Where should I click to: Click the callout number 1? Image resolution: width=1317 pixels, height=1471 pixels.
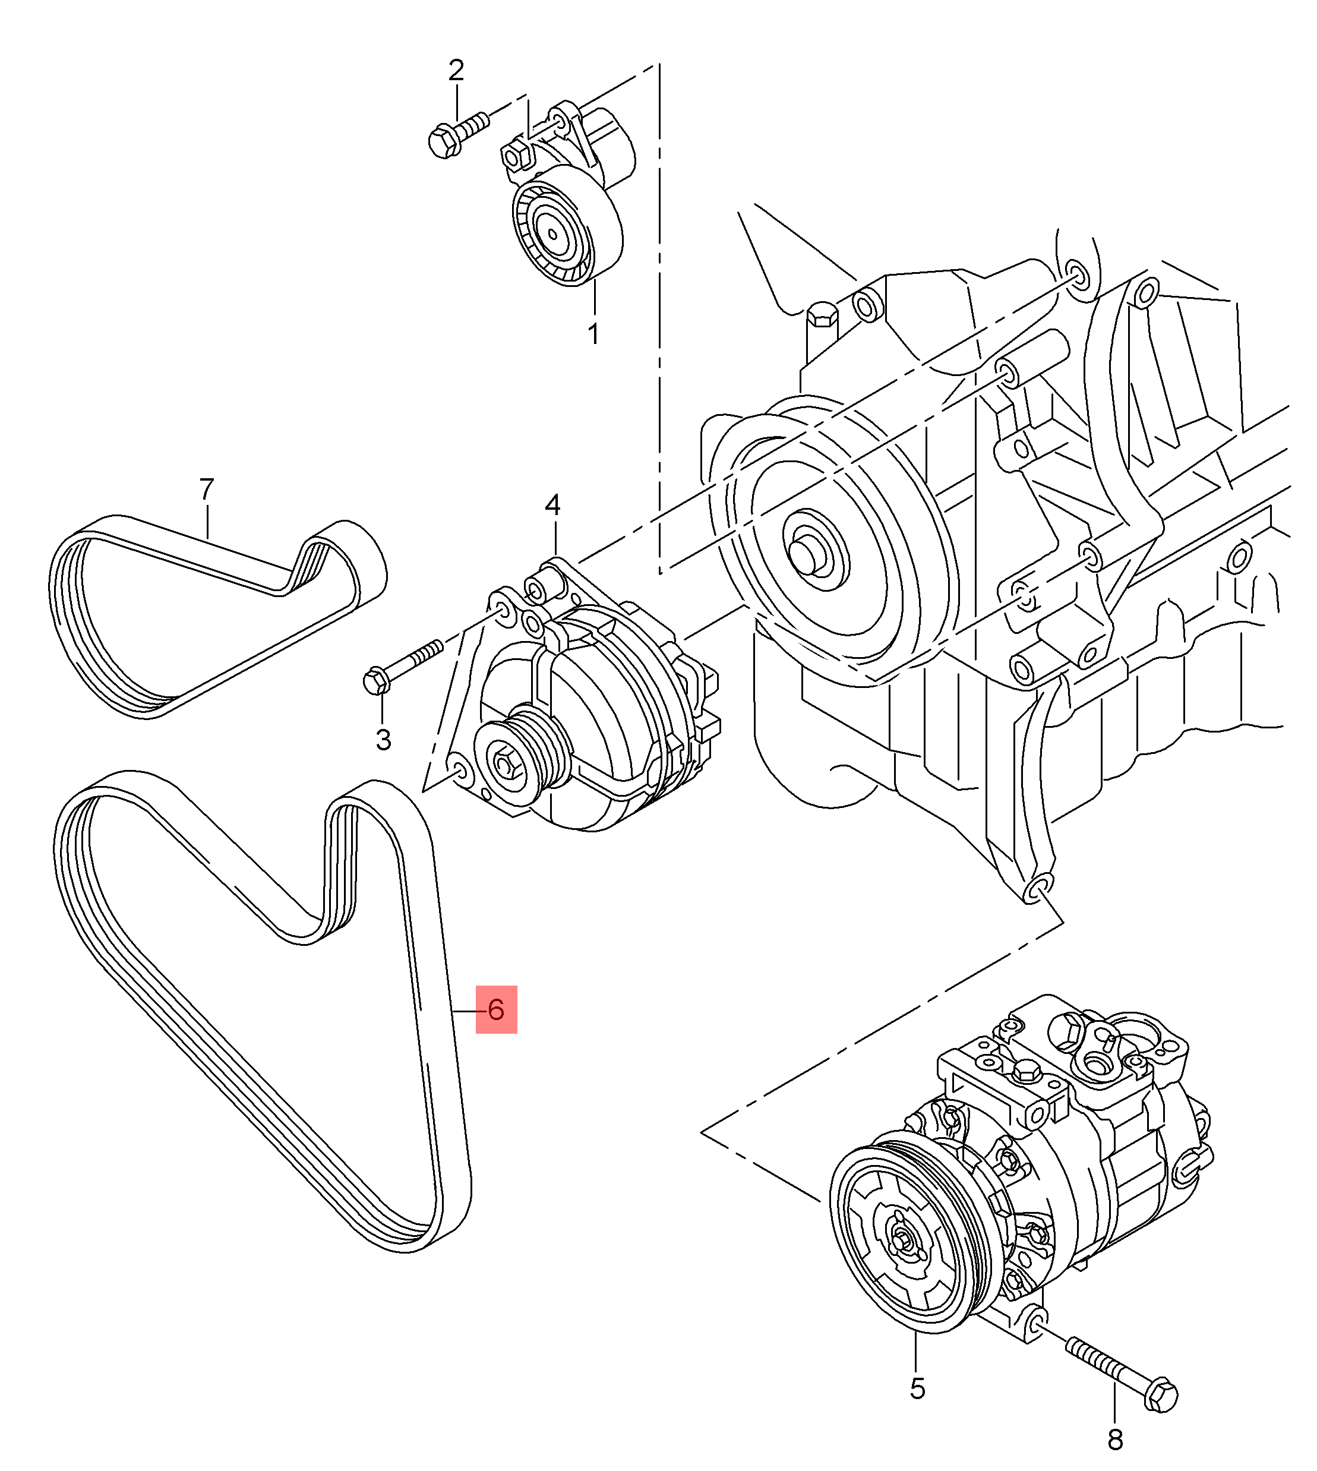click(593, 334)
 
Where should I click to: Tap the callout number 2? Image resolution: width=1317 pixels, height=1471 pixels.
click(455, 71)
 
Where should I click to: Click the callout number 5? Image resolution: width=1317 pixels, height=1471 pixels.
click(917, 1388)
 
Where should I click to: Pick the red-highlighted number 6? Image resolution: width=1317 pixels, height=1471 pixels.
click(495, 1009)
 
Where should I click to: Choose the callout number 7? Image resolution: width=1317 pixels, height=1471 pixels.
click(207, 490)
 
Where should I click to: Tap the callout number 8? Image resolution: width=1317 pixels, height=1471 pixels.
click(1115, 1440)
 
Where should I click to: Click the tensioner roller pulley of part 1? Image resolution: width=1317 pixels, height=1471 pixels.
click(554, 233)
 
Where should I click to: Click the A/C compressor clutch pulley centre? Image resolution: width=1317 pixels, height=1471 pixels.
click(901, 1241)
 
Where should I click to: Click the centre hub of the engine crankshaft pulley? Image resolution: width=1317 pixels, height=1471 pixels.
click(808, 554)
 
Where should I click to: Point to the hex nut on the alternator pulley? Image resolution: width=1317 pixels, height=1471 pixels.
click(504, 762)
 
